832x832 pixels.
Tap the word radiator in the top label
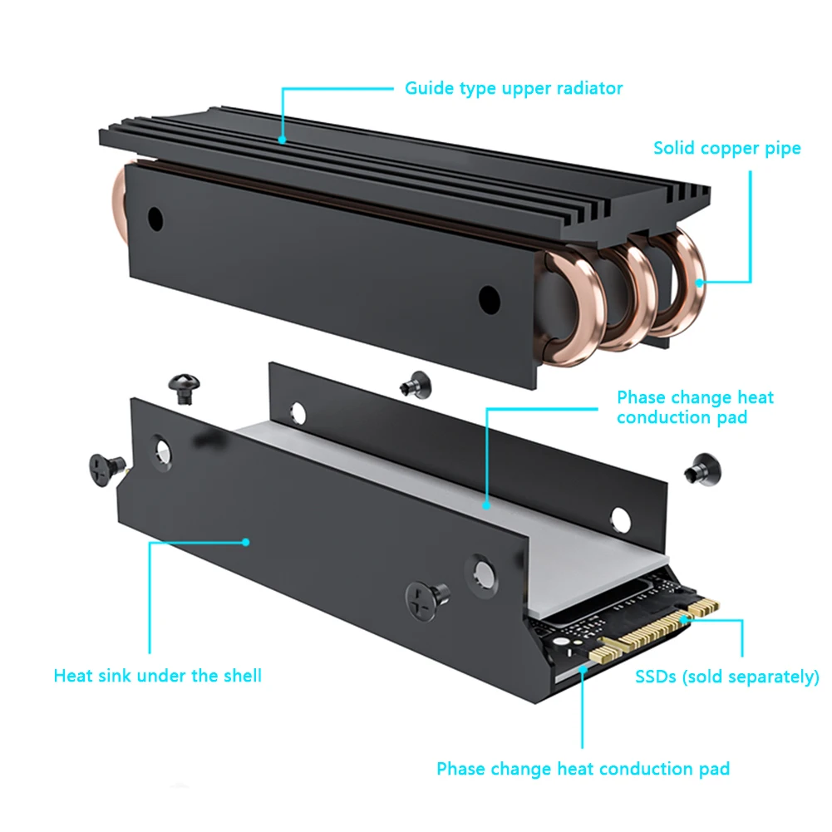[588, 87]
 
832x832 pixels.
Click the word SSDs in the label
[657, 677]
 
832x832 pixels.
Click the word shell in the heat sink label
[239, 675]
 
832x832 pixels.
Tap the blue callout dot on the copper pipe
[700, 283]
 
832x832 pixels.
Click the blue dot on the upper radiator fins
[282, 140]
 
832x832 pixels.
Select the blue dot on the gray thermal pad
[487, 504]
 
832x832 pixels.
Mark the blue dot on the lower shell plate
[247, 542]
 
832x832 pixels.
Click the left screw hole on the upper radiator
[155, 218]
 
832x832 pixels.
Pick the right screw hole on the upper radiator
[489, 298]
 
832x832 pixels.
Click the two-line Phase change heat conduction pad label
[695, 407]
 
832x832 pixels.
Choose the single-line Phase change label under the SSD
[583, 769]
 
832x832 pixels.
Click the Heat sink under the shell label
[157, 675]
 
